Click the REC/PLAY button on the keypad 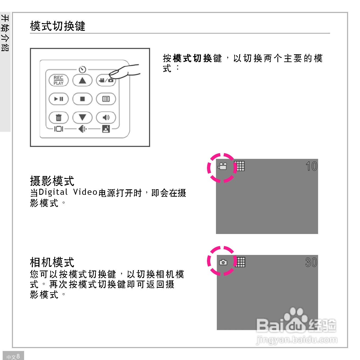click(58, 80)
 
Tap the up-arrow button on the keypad click(82, 80)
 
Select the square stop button click(82, 99)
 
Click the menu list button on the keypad click(106, 99)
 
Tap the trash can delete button click(58, 117)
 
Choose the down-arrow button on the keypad click(82, 117)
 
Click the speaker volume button click(106, 117)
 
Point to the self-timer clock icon click(83, 69)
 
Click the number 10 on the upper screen click(311, 166)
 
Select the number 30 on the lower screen click(311, 262)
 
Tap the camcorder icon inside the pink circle click(222, 166)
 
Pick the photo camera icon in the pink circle click(223, 262)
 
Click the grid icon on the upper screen click(240, 166)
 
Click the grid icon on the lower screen click(241, 262)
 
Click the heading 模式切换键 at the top click(57, 26)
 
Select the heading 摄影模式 click(52, 181)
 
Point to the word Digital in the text click(53, 192)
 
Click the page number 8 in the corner click(18, 356)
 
